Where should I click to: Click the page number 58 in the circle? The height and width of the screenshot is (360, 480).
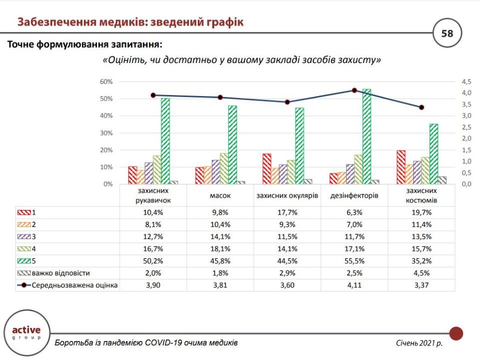point(447,33)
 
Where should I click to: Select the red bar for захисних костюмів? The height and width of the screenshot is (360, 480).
point(401,167)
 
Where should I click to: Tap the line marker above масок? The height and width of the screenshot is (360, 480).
point(220,97)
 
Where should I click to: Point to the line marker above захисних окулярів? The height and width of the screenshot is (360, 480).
point(287,102)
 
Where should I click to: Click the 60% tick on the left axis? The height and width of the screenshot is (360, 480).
point(106,81)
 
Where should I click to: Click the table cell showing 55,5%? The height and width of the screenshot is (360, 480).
point(354,261)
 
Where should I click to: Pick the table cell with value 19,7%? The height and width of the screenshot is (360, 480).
point(421,212)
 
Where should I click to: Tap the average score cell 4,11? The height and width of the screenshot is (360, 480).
point(354,285)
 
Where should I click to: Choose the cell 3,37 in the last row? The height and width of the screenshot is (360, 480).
point(421,285)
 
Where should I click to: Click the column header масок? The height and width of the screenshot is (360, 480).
point(220,195)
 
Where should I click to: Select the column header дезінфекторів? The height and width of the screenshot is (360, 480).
point(354,195)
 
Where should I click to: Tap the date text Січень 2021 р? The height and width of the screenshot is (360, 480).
point(419,343)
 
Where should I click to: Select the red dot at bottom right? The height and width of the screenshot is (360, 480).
point(456,333)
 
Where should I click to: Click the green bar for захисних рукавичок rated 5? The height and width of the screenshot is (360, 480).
point(165,141)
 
